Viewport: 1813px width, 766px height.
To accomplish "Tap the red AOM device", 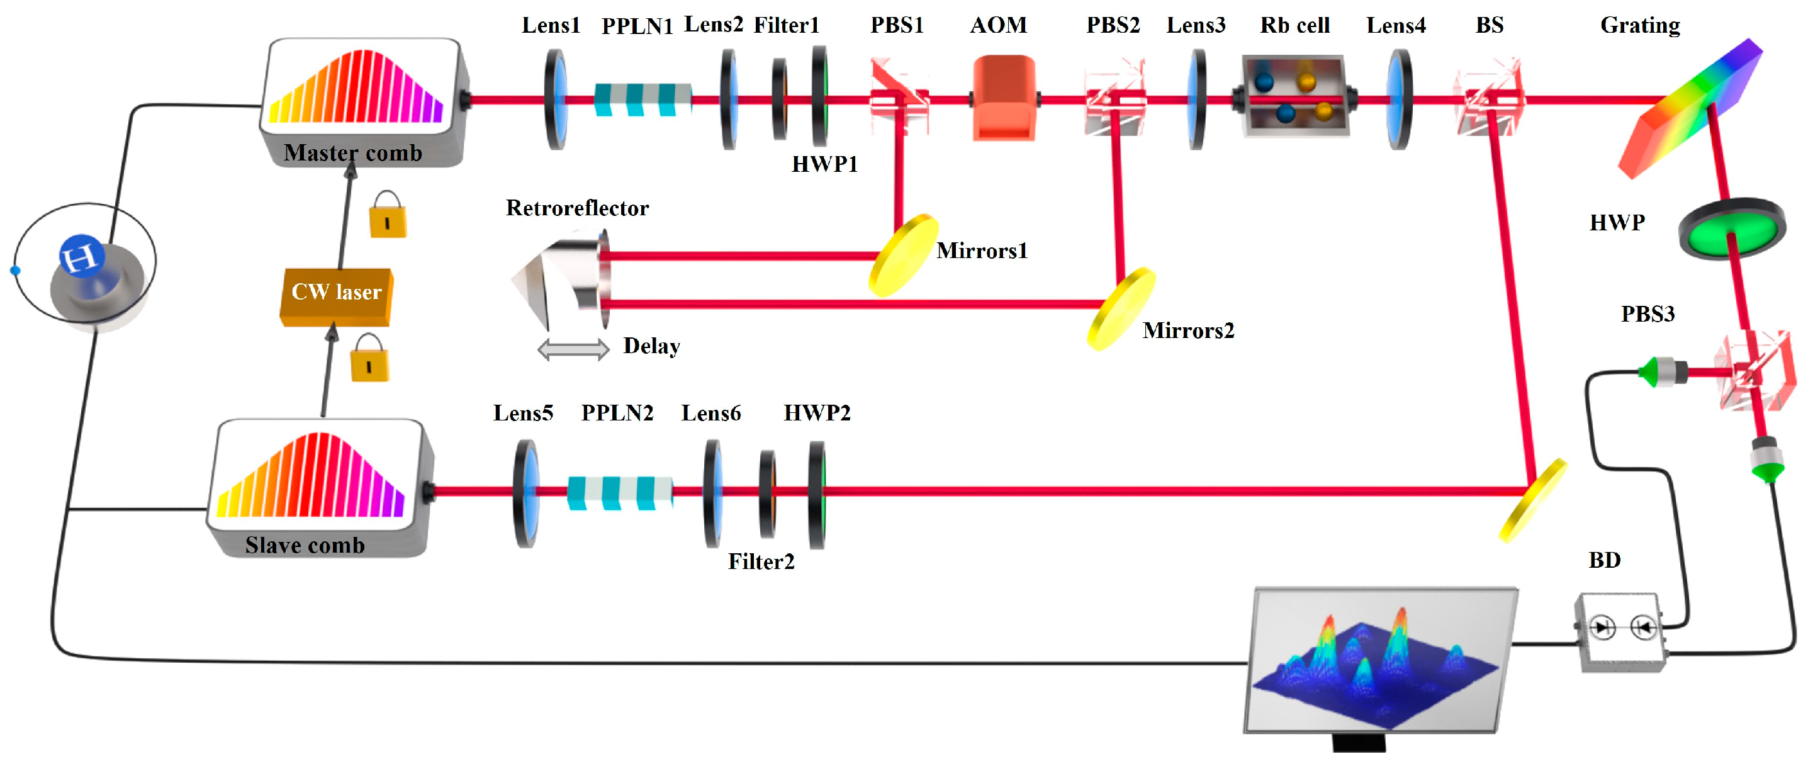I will (1004, 99).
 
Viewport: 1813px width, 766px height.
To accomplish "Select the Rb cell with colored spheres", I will (1295, 96).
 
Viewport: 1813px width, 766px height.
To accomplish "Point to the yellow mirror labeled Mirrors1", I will (904, 256).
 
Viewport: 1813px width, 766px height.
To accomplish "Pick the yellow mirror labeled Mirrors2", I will (1121, 308).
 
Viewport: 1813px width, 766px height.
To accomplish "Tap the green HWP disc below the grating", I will (1732, 230).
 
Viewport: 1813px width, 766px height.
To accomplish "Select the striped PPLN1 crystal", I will (643, 99).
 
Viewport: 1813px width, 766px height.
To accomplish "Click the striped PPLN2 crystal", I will (619, 492).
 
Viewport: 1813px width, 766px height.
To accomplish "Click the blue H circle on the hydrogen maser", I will (82, 256).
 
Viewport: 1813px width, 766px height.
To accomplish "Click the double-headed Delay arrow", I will (573, 349).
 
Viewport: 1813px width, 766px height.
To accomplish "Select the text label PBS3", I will (1647, 314).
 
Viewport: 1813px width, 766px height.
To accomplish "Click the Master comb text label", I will (352, 153).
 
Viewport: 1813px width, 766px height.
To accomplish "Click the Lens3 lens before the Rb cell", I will (1196, 99).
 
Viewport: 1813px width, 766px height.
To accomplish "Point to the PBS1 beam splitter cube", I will (899, 97).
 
